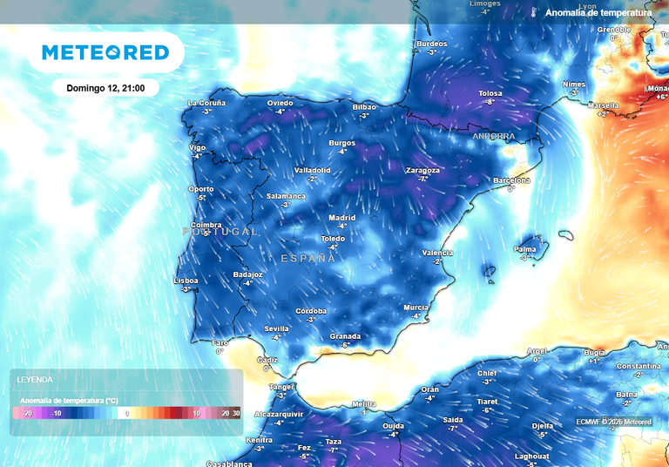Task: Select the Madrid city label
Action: tap(342, 218)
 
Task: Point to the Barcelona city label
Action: tap(511, 180)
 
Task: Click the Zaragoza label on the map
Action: tap(422, 171)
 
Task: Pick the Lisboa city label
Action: tap(186, 281)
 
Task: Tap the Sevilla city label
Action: tap(276, 328)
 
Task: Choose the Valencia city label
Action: tap(437, 253)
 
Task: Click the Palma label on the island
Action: tap(524, 249)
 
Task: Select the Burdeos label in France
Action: tap(432, 44)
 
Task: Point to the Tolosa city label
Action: tap(490, 93)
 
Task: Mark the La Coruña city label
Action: tap(206, 103)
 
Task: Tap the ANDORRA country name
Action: tap(494, 137)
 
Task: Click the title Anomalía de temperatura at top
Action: tap(598, 13)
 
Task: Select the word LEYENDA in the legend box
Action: tap(34, 380)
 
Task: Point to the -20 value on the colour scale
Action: tap(27, 413)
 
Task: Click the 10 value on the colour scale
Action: tap(197, 413)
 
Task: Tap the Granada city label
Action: tap(345, 336)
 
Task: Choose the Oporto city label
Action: tap(201, 189)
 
